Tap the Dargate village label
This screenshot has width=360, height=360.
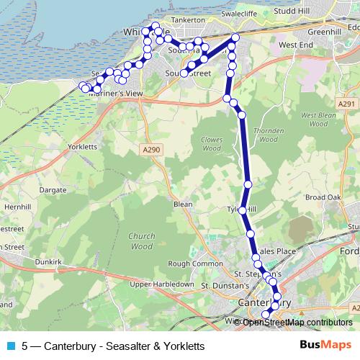click(x=54, y=190)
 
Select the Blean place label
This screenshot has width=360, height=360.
click(x=183, y=204)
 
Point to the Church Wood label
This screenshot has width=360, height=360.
click(x=141, y=240)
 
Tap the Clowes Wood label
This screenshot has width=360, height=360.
click(x=212, y=145)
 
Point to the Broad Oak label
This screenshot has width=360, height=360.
click(x=323, y=197)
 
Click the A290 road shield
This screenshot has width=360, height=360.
click(x=150, y=149)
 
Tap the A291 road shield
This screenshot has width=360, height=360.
click(x=346, y=104)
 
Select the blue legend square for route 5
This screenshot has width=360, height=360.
click(x=11, y=346)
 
